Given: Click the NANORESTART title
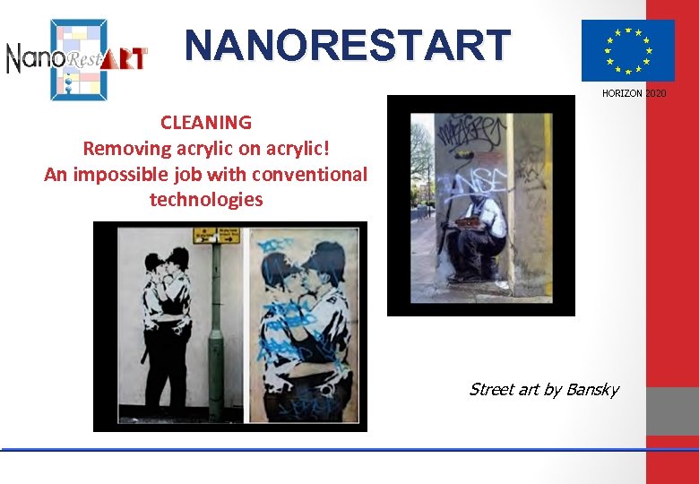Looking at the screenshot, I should pyautogui.click(x=348, y=45).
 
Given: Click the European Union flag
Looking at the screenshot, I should pyautogui.click(x=627, y=50).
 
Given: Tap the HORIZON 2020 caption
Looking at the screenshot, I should pyautogui.click(x=634, y=93).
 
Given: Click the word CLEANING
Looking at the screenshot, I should pyautogui.click(x=206, y=122).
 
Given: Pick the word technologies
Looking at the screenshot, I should pyautogui.click(x=206, y=199).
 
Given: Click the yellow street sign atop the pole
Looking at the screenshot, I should pyautogui.click(x=217, y=236).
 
